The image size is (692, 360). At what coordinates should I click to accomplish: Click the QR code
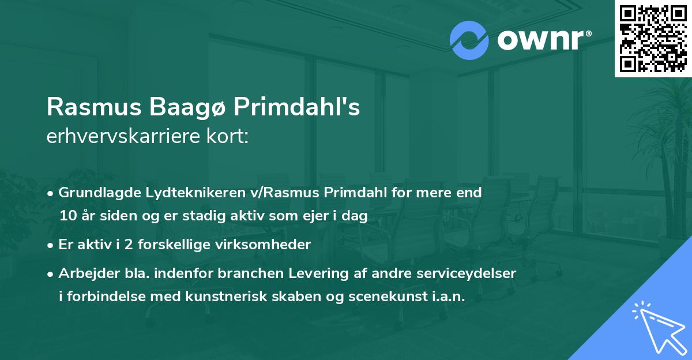653,38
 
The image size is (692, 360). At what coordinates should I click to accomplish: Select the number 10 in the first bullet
66,216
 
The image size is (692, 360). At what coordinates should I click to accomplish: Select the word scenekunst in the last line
383,297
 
